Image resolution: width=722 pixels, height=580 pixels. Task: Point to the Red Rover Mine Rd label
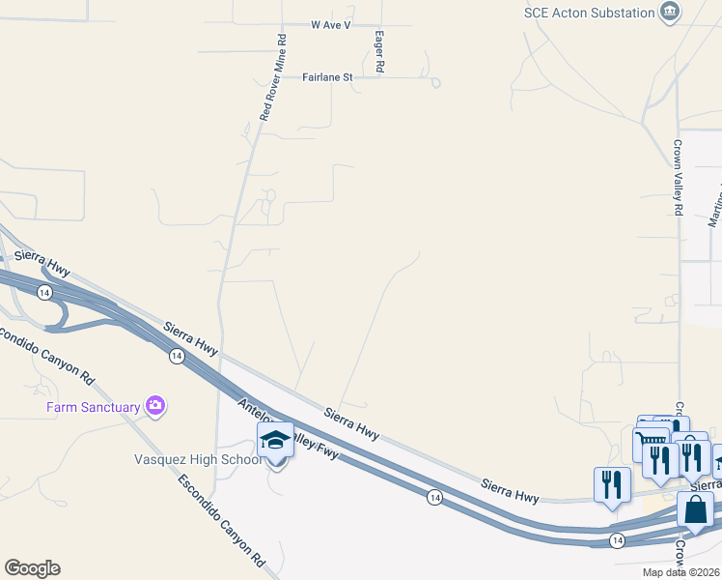tap(273, 77)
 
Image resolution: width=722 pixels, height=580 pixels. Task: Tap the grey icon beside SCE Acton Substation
tap(669, 13)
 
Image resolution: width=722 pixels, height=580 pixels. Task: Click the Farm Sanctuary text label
tap(94, 407)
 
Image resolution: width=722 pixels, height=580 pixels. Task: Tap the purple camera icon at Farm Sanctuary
tap(154, 406)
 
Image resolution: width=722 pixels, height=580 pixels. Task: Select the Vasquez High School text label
tap(197, 459)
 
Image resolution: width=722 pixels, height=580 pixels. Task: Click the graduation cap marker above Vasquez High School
tap(276, 441)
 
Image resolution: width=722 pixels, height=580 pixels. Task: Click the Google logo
tap(32, 568)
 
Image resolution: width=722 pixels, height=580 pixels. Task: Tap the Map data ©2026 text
tap(681, 572)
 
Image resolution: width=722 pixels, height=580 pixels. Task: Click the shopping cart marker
tap(651, 446)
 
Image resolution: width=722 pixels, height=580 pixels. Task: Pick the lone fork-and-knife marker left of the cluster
tap(612, 485)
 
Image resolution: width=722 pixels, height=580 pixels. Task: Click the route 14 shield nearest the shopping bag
tap(618, 539)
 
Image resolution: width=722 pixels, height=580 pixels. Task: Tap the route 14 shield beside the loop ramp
tap(43, 291)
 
